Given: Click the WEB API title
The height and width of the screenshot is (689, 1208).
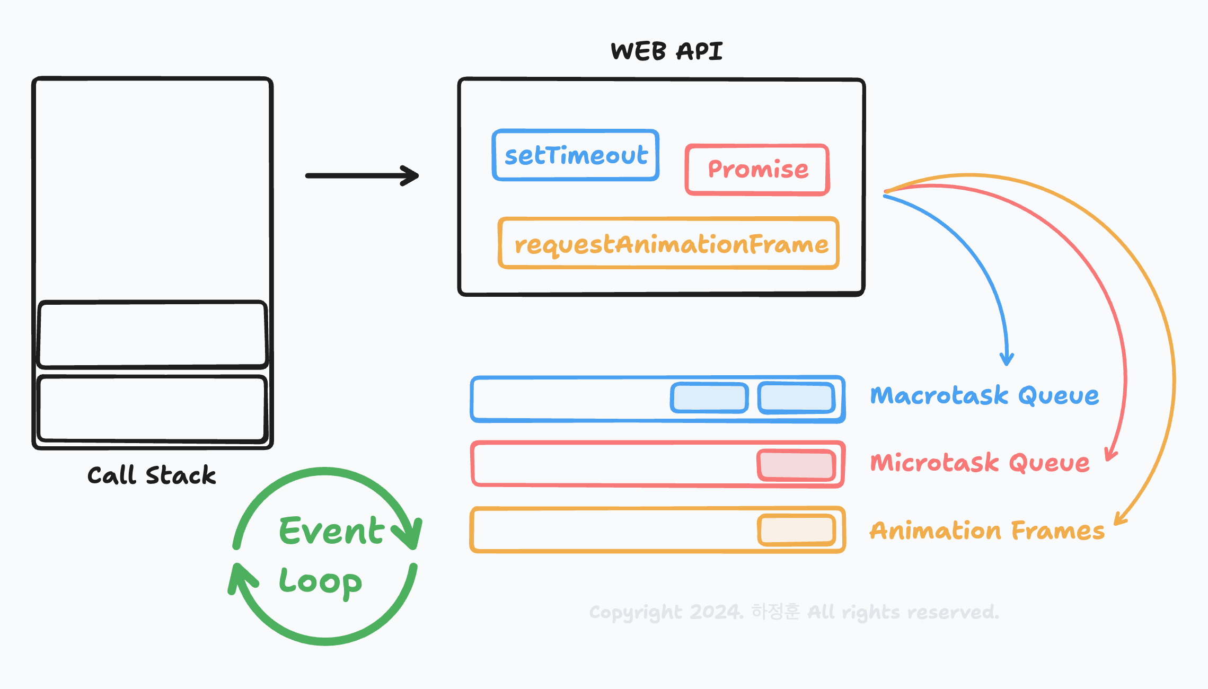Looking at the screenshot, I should coord(666,51).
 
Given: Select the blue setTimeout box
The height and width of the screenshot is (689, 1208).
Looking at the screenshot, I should coord(576,155).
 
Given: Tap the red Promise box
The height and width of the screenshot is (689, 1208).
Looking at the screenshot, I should coord(757,170).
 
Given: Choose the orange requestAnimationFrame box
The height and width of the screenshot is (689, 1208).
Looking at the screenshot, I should coord(669,244).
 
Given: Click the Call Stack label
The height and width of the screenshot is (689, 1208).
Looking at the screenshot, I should coord(152,475).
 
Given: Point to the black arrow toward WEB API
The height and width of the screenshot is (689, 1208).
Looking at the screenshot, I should coord(362,175).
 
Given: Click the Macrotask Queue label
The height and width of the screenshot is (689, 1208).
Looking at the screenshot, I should coord(984,396).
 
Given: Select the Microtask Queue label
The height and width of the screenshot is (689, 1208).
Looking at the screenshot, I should coord(980,463).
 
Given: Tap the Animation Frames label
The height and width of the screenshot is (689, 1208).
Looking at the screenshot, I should coord(987,531).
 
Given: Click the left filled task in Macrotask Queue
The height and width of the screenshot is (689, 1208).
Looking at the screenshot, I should coord(709,398).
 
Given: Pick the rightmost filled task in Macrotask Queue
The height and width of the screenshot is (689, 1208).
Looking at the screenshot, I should coord(797,397).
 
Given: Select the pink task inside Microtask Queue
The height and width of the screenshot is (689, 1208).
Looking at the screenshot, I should coord(797,465).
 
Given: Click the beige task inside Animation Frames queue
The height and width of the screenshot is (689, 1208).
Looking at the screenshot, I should coord(797,529).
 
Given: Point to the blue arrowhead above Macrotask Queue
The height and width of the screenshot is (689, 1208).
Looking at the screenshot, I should coord(1007,359).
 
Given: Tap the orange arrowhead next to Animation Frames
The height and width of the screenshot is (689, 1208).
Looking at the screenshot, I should coord(1119,519).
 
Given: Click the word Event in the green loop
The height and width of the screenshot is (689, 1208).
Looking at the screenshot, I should coord(331,531).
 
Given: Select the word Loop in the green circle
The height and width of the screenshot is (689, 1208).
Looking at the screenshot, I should coord(320,582).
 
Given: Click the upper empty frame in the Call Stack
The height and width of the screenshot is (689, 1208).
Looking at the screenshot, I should coord(152,334).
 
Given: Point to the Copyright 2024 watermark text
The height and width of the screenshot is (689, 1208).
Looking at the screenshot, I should coord(793,612).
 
